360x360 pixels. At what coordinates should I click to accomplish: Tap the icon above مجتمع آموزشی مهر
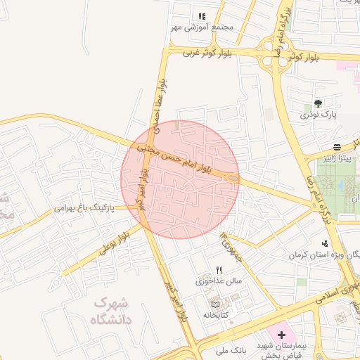pos(202,15)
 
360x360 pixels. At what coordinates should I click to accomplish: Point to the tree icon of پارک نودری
pos(319,103)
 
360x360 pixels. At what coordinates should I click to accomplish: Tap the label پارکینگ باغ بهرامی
pos(83,209)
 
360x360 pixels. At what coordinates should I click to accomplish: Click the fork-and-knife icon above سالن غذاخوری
pos(219,270)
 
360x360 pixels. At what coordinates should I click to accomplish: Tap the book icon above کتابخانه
pos(215,304)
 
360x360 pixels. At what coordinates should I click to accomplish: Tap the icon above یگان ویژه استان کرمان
pos(323,243)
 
